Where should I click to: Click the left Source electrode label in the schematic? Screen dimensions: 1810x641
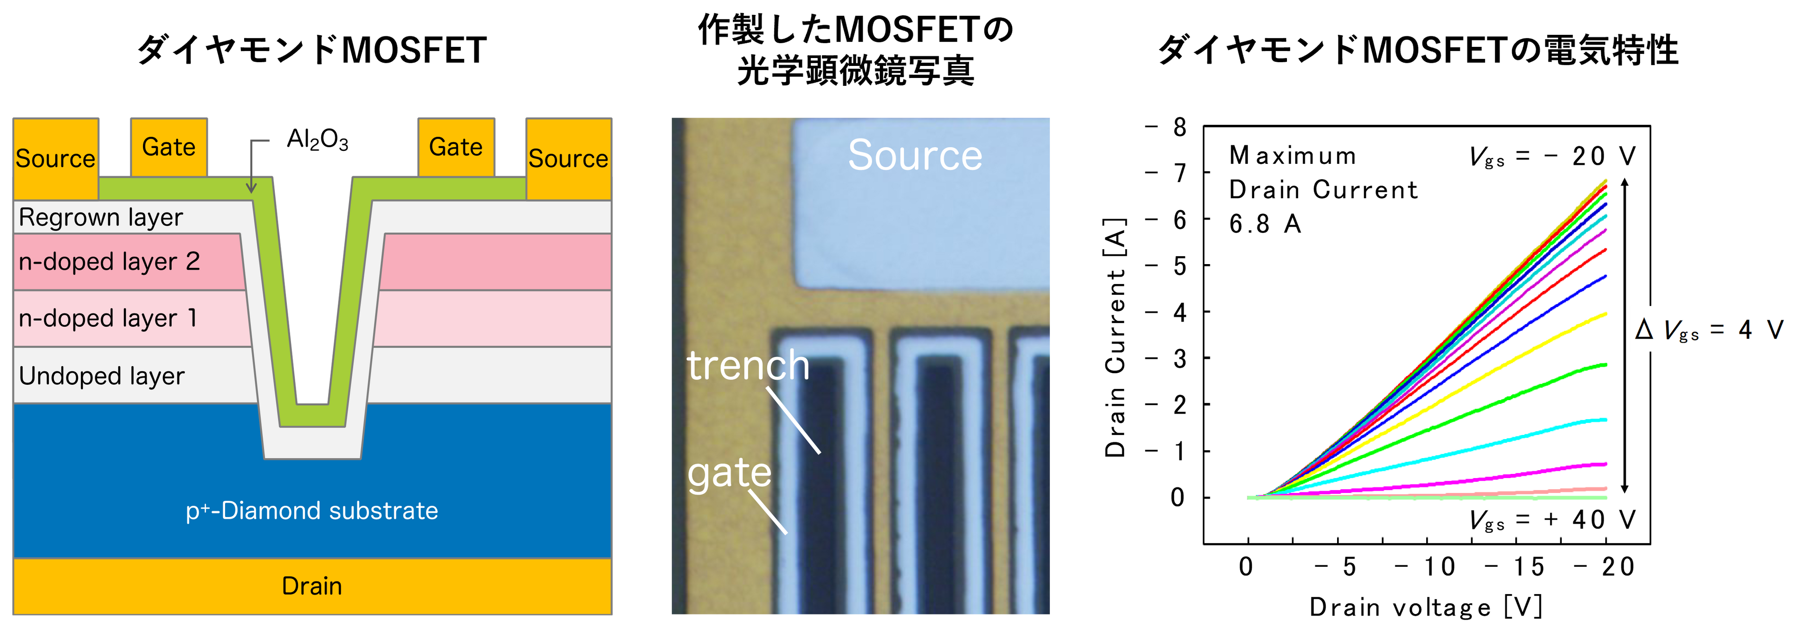[56, 159]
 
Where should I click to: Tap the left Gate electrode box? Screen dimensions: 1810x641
[168, 147]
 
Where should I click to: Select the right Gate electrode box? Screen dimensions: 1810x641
[456, 147]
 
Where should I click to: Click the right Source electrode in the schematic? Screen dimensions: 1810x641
[569, 159]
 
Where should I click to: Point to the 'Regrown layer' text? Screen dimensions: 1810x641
[100, 217]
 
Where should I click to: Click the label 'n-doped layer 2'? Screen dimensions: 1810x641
[109, 261]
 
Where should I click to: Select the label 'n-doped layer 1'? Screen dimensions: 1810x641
[108, 318]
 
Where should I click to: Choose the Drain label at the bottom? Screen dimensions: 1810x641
[311, 586]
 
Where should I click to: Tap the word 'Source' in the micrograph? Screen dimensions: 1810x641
[915, 155]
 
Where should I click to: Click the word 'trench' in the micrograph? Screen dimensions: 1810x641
[748, 365]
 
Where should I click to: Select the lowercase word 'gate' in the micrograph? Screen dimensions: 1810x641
[730, 473]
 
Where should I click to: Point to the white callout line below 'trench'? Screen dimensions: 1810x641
[793, 421]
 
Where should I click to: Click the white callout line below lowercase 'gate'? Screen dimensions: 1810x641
[768, 512]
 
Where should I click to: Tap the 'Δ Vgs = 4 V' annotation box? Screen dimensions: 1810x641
[1714, 329]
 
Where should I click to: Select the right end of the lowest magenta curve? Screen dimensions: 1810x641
[1606, 464]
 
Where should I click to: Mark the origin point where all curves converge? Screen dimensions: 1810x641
[1251, 498]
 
